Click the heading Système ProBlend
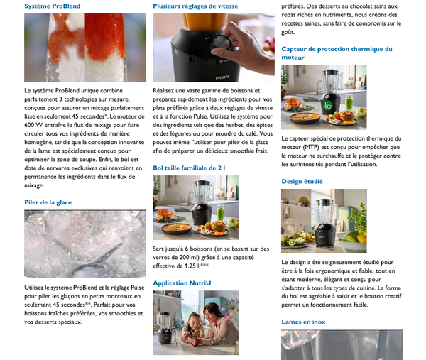point(52,6)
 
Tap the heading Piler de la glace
point(48,202)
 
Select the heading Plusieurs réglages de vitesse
point(195,6)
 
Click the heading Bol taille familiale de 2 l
point(189,168)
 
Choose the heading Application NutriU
point(182,283)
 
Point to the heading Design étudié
point(302,182)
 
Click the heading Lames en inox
point(303,322)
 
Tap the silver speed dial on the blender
point(220,43)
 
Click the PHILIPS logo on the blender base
point(222,77)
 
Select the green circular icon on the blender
point(327,105)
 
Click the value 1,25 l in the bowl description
point(191,266)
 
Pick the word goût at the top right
point(288,32)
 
